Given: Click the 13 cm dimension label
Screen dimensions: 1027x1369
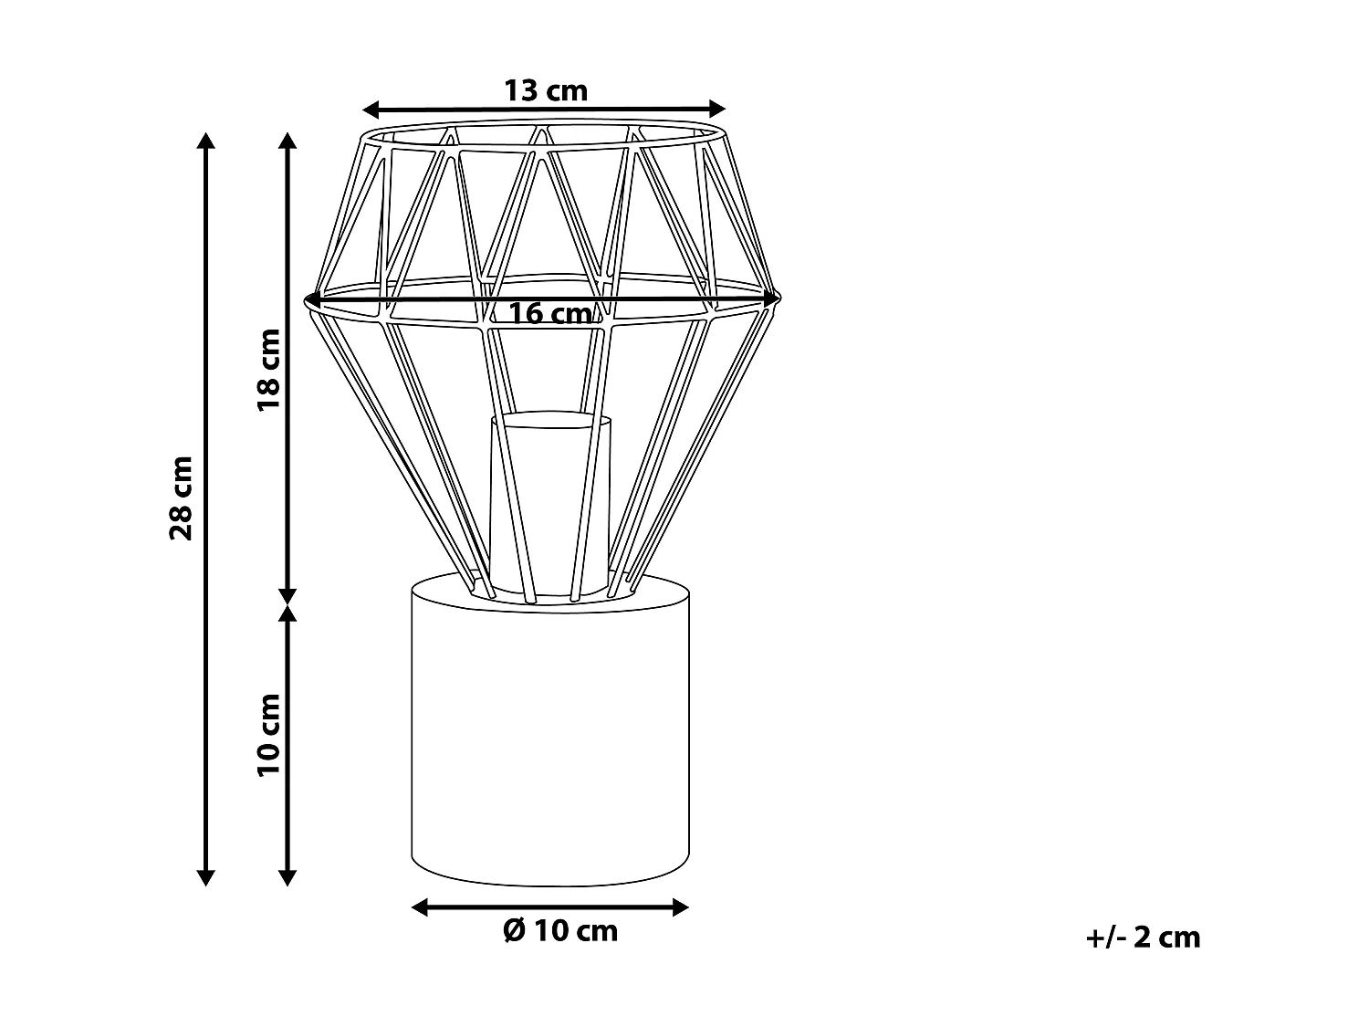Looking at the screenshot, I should click(x=546, y=90).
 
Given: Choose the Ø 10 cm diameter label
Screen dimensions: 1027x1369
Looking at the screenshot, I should click(x=560, y=930).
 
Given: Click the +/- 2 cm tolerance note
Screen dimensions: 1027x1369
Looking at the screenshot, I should click(x=1144, y=937).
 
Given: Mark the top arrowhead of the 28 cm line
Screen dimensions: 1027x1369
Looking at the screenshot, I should click(x=206, y=140).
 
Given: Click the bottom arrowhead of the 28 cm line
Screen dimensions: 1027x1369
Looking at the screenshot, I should click(x=206, y=877).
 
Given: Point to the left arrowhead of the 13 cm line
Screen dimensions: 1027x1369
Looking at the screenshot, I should click(x=371, y=110).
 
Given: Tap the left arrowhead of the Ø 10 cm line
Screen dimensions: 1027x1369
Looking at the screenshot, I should click(x=420, y=906).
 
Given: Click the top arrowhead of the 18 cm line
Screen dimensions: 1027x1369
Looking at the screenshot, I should click(x=287, y=140).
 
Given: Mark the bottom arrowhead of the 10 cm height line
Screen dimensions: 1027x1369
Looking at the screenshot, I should click(x=287, y=877).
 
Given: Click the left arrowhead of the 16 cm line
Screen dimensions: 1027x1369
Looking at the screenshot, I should click(x=312, y=298).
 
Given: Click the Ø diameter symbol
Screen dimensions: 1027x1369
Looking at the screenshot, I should click(x=514, y=930).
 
